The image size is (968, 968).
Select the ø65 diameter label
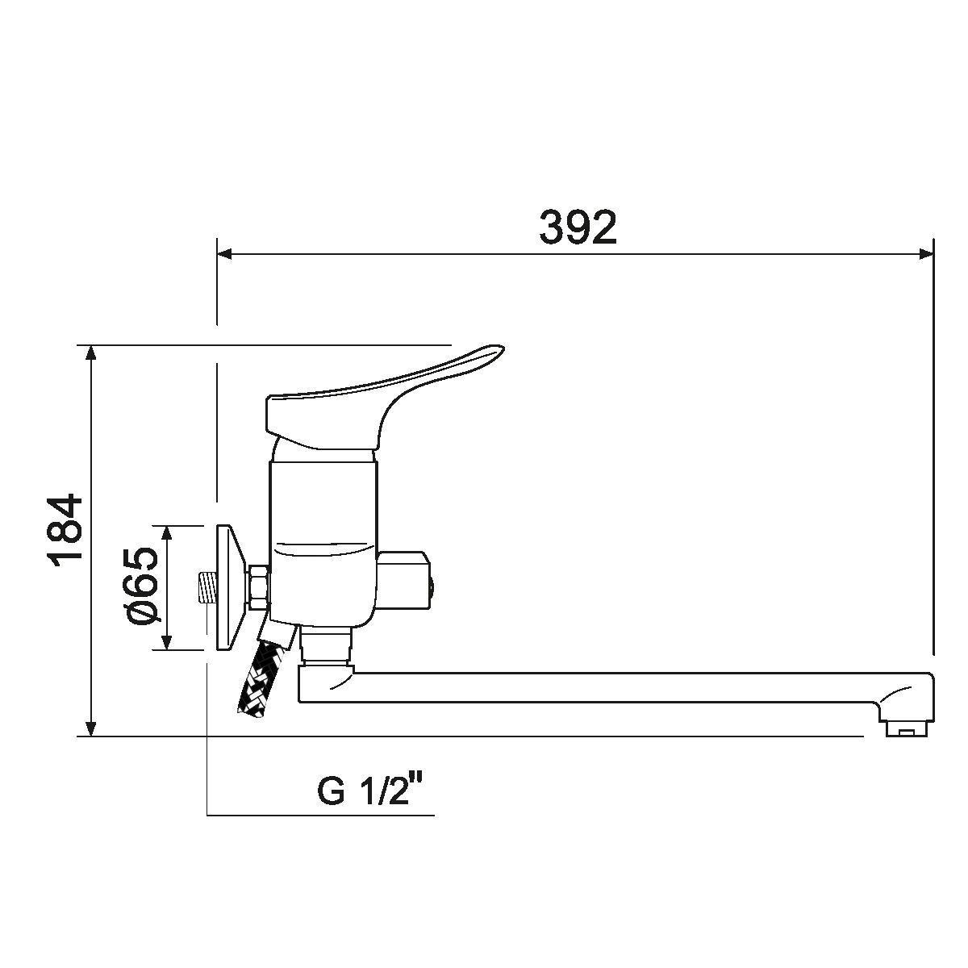142,586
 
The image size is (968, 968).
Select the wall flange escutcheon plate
229,586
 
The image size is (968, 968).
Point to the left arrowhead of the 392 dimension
223,254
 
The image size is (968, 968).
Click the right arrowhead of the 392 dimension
927,254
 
